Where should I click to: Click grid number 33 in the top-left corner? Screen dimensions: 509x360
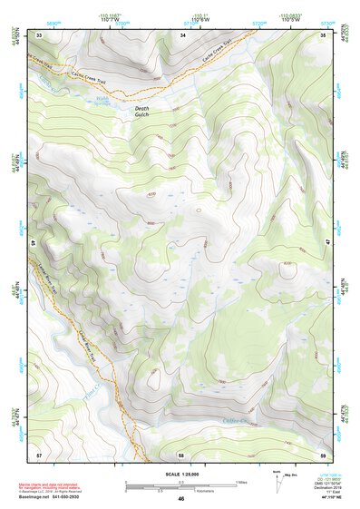[39, 34]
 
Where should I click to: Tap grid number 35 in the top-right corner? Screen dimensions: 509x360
[325, 34]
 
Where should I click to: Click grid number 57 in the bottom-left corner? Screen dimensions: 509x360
[39, 453]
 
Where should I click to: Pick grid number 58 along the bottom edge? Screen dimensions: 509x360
[182, 453]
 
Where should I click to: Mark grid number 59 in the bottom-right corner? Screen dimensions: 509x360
[325, 453]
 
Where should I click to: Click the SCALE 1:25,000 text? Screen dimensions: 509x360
[180, 475]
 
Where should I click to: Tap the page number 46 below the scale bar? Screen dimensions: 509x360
[181, 499]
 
